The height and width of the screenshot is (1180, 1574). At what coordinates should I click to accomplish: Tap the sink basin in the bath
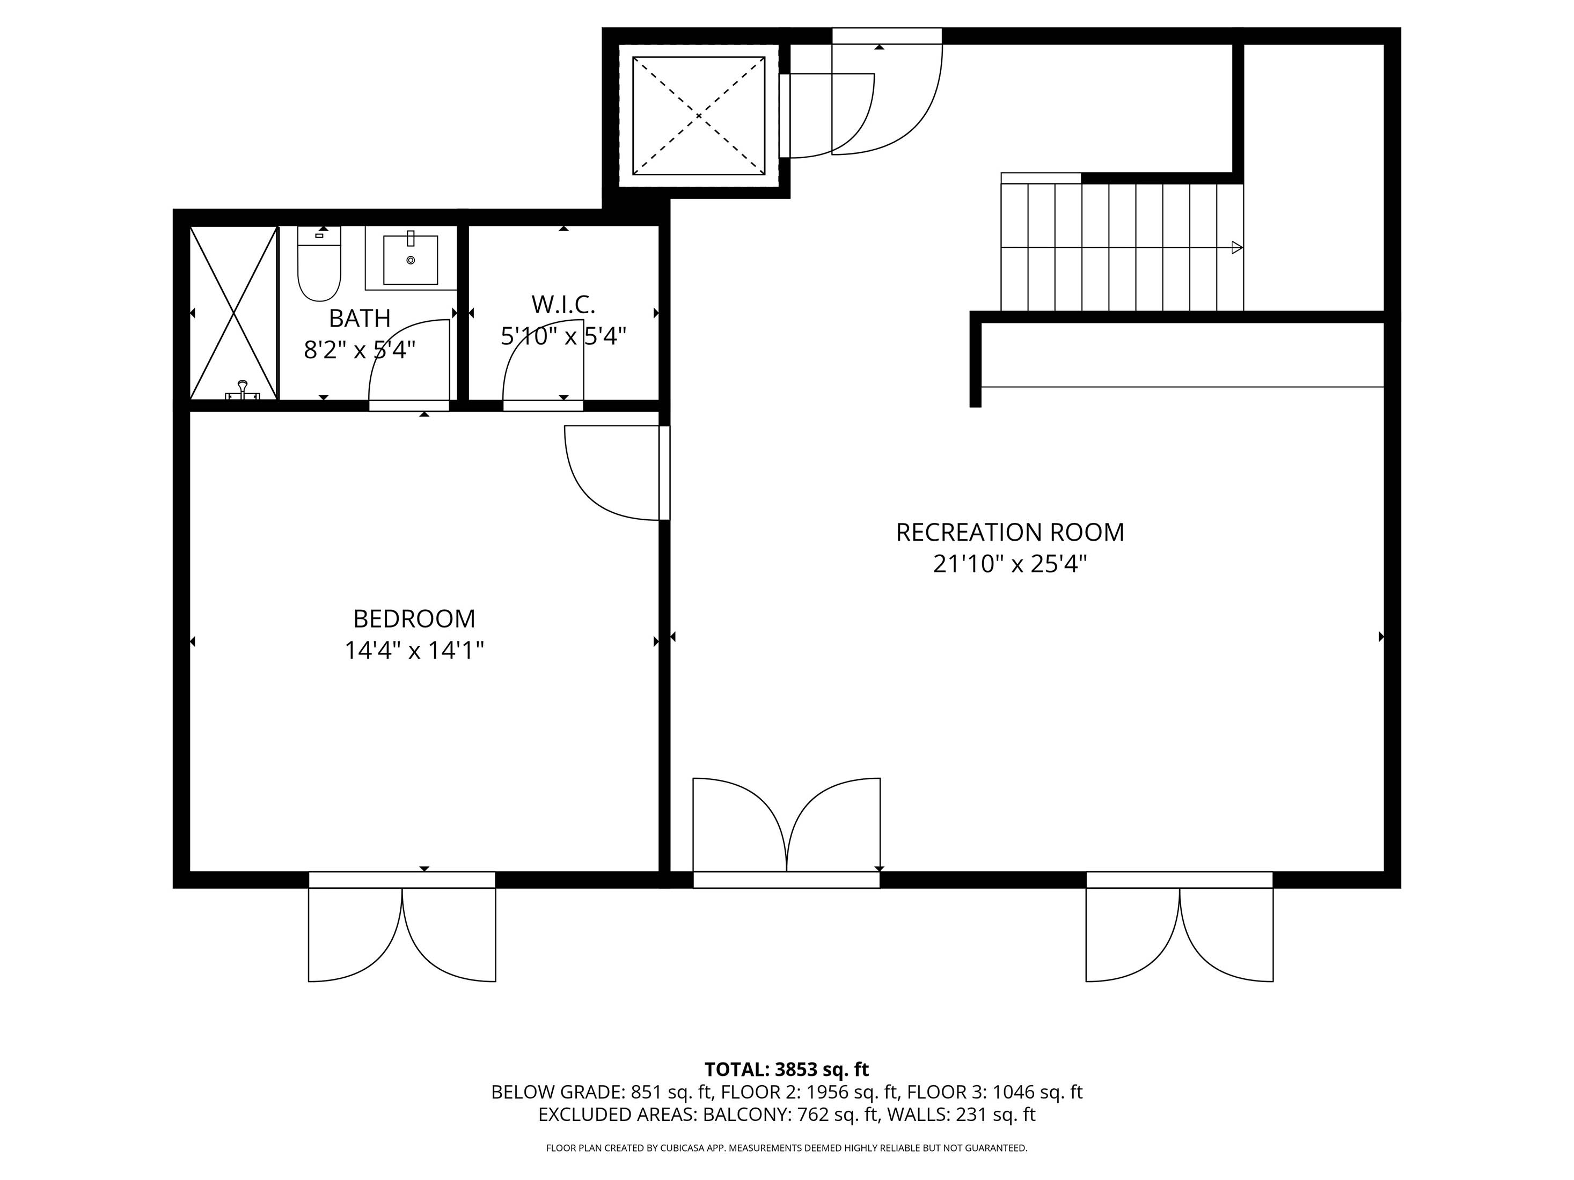tap(410, 260)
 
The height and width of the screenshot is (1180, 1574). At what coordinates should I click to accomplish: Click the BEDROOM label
tap(414, 619)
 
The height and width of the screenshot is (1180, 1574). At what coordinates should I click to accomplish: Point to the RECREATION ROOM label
tap(1010, 532)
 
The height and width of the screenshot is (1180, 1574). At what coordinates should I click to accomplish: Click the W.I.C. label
tap(563, 305)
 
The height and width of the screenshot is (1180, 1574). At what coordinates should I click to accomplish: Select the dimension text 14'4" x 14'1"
tap(414, 650)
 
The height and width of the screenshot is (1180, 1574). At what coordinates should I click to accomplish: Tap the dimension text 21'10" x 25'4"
tap(1010, 564)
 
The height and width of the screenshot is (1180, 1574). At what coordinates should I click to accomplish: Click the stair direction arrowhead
tap(1236, 247)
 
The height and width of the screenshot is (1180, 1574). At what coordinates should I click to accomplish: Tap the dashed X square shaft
tap(698, 115)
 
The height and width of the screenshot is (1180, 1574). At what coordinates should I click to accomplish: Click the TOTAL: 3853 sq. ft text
tap(786, 1070)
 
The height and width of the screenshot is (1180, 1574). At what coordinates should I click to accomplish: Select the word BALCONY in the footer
tap(745, 1115)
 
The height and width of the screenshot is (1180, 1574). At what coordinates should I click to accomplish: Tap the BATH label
tap(360, 318)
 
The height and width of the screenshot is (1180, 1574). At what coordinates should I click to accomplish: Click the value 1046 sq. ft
tap(1037, 1092)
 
